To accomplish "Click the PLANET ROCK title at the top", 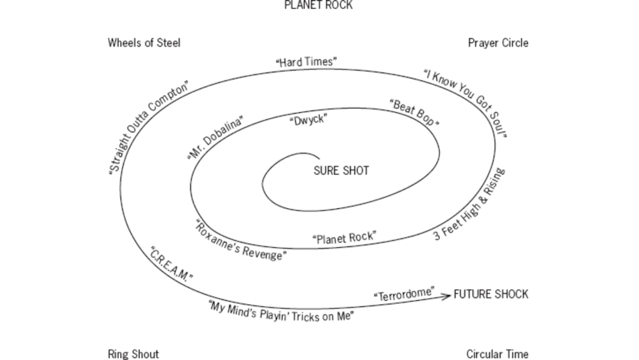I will (318, 5).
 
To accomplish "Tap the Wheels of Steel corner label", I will (144, 43).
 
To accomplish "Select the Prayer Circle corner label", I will (498, 43).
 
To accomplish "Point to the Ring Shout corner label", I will (133, 354).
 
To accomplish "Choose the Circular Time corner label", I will (497, 354).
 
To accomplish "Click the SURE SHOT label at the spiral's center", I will (341, 170).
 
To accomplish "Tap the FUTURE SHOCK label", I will (490, 294).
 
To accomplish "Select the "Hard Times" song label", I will (306, 62).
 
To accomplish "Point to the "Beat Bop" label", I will (414, 113).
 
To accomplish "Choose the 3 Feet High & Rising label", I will (469, 205).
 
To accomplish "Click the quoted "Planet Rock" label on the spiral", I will (344, 238).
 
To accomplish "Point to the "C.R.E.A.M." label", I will (171, 264).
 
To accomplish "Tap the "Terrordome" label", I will (404, 295).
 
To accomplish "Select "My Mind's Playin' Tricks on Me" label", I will (281, 310).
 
